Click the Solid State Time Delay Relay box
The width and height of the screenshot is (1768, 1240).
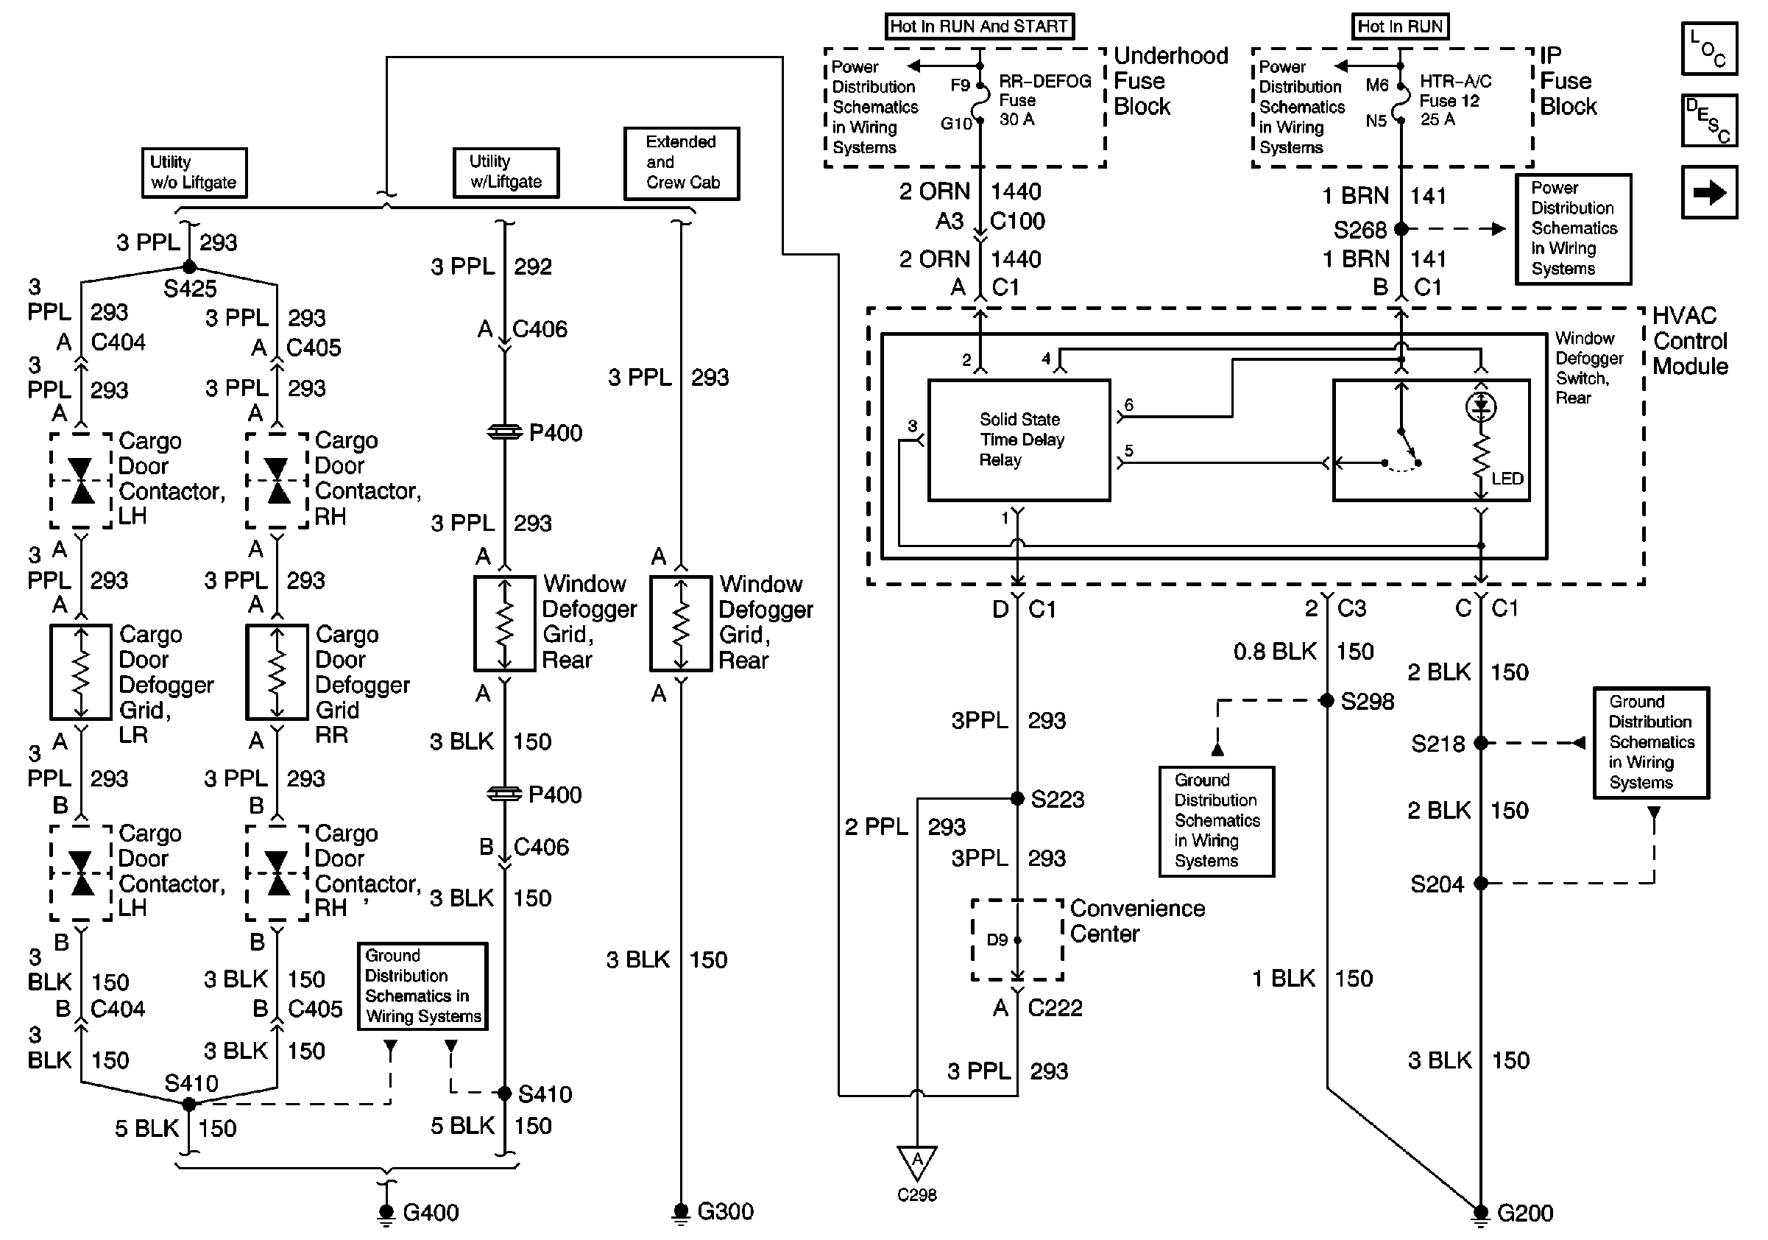pos(1019,440)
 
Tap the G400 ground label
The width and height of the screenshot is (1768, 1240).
pos(431,1212)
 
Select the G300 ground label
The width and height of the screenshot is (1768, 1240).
pos(725,1211)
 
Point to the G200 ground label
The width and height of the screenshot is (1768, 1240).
pos(1524,1213)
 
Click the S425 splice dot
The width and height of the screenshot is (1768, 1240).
pos(189,267)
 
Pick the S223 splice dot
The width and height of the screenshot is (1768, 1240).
pos(1017,798)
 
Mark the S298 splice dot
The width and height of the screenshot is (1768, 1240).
pos(1327,700)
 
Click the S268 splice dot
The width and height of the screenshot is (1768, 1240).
pos(1401,229)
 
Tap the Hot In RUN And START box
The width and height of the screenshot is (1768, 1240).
pos(979,27)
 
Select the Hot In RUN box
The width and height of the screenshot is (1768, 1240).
pos(1400,27)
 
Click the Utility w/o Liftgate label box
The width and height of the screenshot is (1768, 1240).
pos(194,172)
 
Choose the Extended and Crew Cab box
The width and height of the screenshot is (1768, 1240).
pos(682,163)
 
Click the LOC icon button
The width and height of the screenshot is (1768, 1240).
pos(1708,49)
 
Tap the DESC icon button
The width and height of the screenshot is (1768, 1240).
pos(1708,120)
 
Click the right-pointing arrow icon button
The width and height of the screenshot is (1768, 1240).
pos(1708,191)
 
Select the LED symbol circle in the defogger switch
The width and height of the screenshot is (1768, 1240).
pos(1481,406)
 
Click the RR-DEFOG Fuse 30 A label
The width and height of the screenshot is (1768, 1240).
pos(1044,100)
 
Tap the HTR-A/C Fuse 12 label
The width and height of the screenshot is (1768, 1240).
pos(1455,100)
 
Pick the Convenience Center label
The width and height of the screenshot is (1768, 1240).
pos(1137,921)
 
